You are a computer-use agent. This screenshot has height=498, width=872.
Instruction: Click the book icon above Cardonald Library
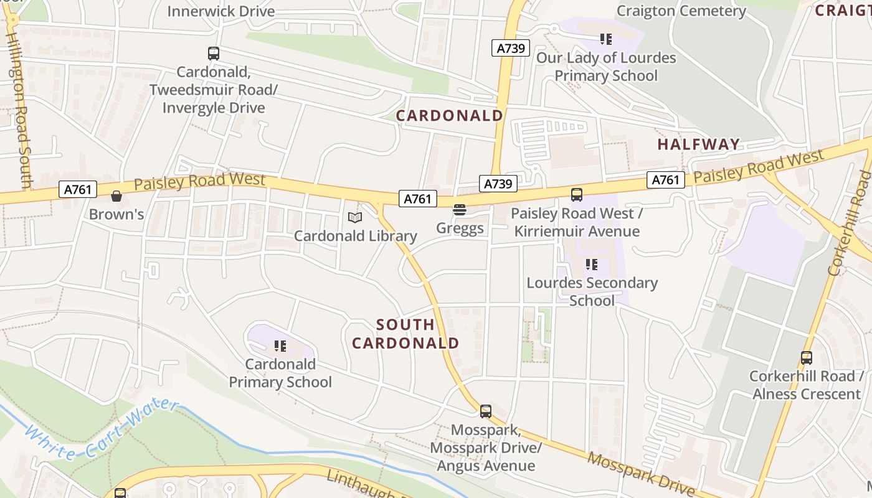click(355, 217)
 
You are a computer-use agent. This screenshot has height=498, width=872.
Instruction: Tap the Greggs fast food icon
click(460, 210)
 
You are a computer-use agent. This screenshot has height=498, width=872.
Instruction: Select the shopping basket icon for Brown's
click(116, 197)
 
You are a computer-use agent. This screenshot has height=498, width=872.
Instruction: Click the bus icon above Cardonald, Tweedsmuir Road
click(214, 54)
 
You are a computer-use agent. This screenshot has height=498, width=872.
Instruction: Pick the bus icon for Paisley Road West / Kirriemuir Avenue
click(577, 195)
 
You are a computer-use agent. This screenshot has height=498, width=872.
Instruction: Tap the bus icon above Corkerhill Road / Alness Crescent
click(807, 358)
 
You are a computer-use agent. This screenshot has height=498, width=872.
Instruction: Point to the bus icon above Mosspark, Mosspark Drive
click(486, 411)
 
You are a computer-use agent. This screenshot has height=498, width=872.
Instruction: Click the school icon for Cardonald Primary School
click(280, 345)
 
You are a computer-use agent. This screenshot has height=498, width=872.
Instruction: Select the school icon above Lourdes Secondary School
click(592, 265)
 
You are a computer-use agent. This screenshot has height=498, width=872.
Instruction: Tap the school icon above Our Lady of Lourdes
click(605, 39)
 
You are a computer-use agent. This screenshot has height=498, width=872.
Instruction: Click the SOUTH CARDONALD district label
click(405, 334)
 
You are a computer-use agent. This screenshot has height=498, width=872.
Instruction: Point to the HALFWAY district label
click(699, 144)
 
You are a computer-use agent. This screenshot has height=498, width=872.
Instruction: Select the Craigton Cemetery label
click(681, 11)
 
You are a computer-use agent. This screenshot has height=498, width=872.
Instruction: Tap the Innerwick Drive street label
click(221, 11)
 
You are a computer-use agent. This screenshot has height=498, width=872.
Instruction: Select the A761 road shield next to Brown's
click(78, 189)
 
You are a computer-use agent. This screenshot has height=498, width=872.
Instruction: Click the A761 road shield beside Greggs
click(417, 199)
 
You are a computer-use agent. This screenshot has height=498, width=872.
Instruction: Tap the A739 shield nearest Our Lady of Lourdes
click(510, 48)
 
